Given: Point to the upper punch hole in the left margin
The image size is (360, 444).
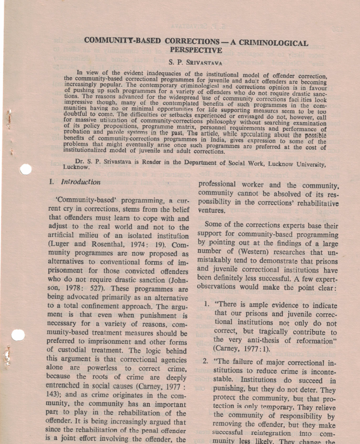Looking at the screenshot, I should point(26,169).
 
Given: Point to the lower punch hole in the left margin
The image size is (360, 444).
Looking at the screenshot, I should point(18,335).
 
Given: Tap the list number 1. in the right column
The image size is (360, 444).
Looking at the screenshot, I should point(206,304).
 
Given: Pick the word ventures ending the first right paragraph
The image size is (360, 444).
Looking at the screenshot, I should point(213,210).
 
